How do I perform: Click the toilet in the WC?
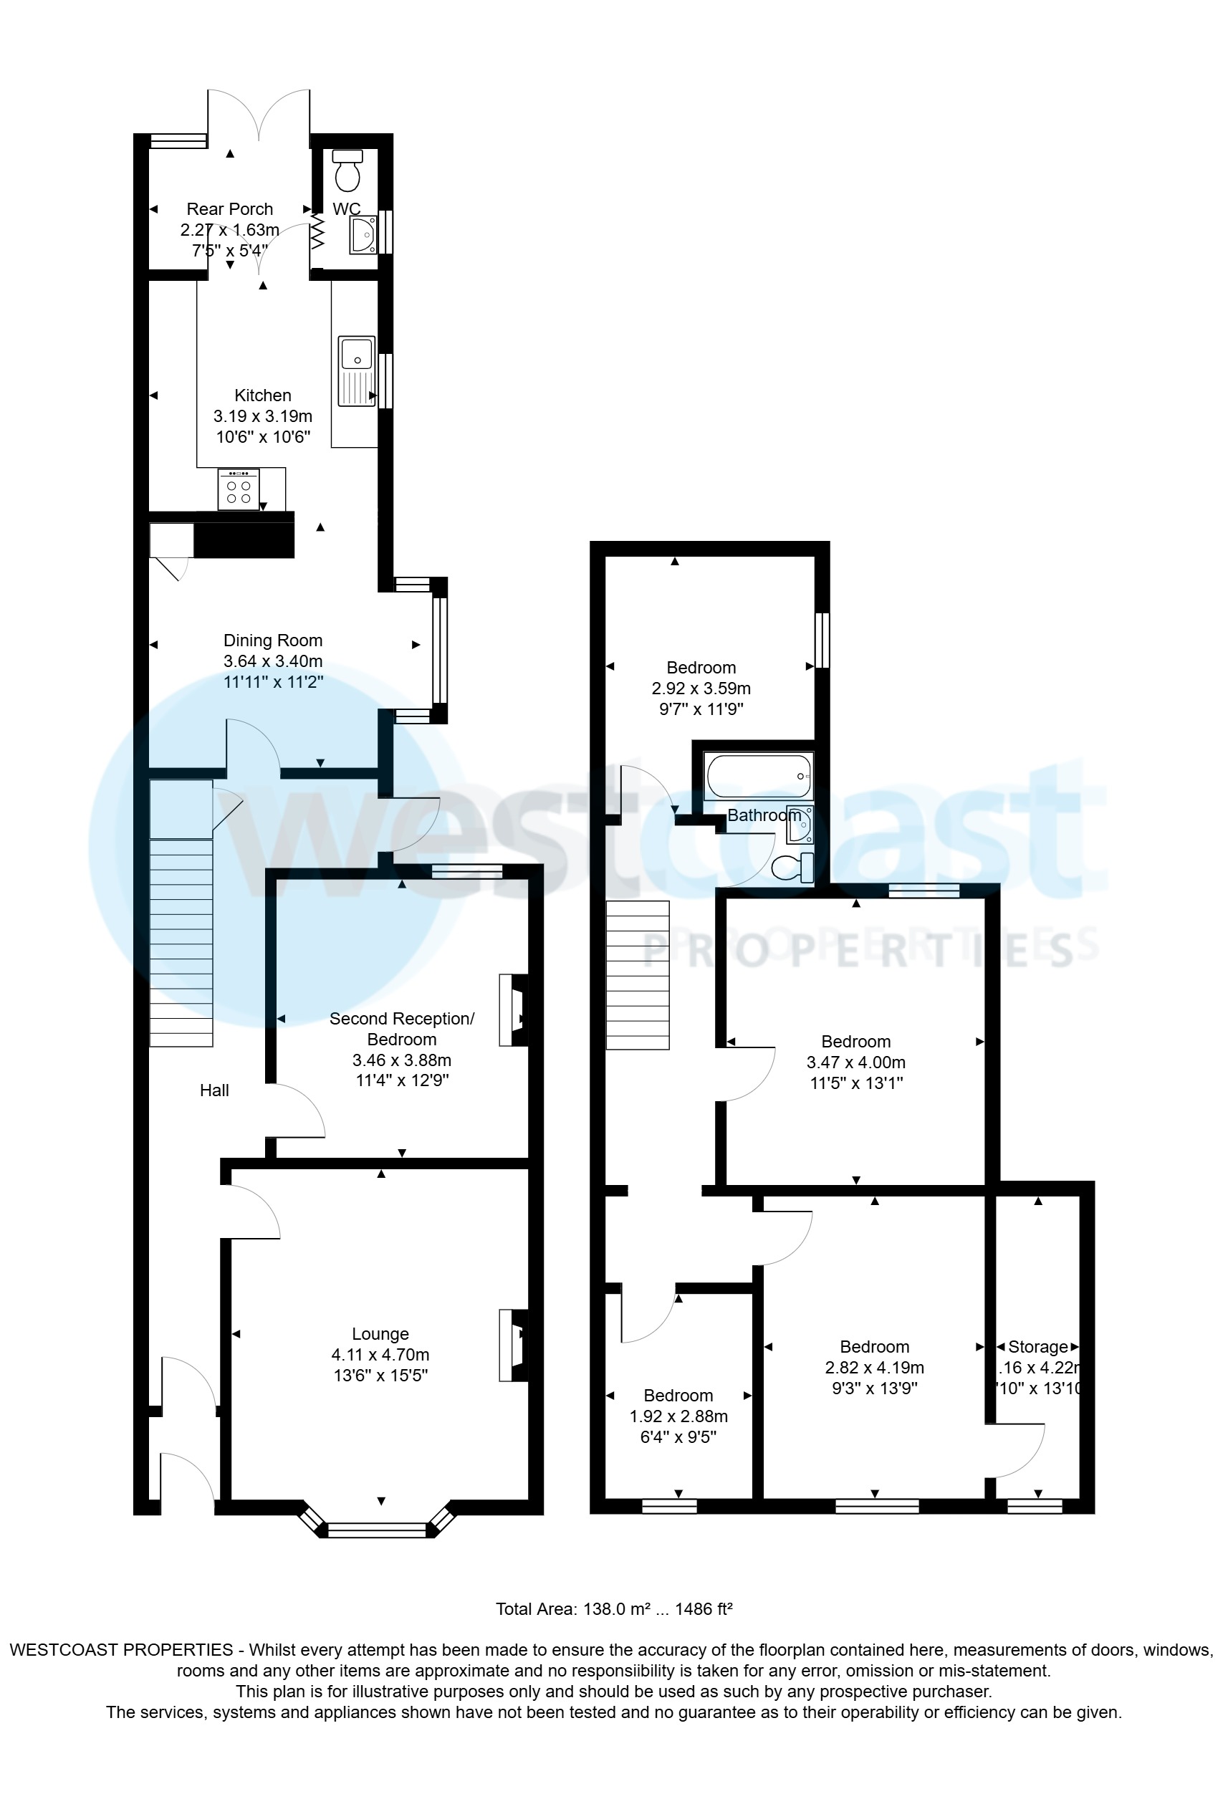pos(347,171)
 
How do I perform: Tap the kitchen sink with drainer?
pos(357,371)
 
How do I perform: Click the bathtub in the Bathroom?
pos(758,777)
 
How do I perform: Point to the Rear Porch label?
pos(230,209)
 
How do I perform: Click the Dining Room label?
pos(272,641)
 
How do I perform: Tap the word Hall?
pos(214,1090)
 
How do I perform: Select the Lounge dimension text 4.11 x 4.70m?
pos(380,1355)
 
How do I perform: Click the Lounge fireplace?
pos(514,1345)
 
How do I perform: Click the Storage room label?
pos(1037,1347)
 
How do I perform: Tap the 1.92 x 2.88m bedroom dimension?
pos(678,1416)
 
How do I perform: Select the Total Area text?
pos(614,1608)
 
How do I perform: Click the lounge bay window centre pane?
pos(377,1530)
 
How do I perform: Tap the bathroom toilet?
pos(793,868)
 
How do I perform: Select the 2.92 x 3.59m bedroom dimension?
pos(701,689)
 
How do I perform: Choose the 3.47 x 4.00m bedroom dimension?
pos(855,1062)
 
